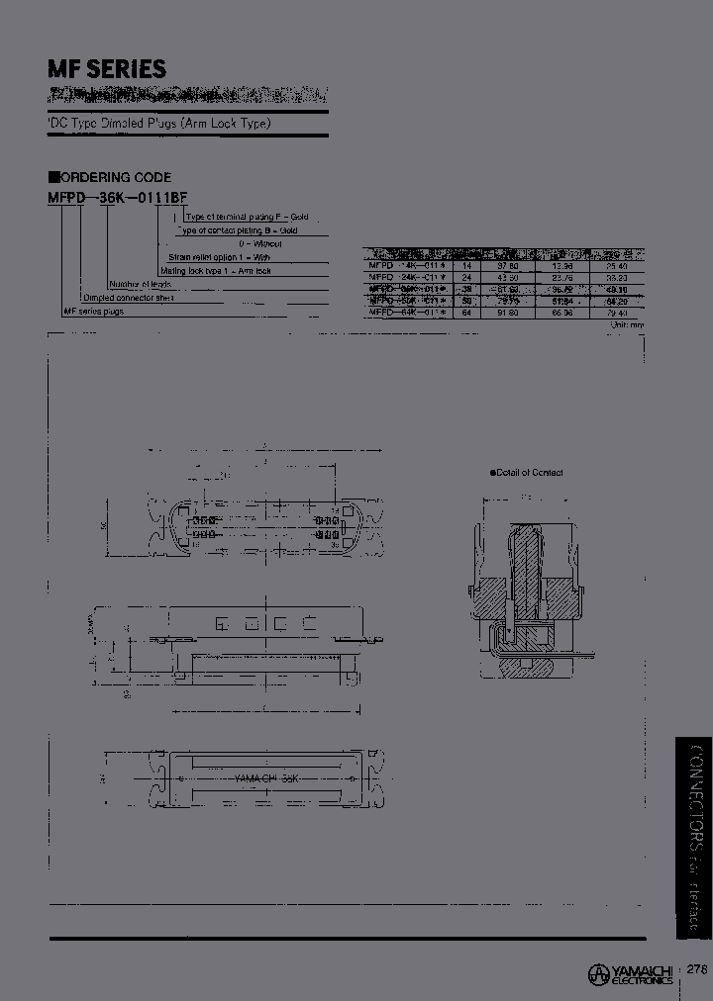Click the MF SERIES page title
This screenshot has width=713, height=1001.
(107, 69)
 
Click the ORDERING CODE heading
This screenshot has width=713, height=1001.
(117, 178)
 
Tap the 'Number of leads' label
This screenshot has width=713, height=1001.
(135, 283)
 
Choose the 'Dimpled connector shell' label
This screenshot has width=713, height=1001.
(129, 297)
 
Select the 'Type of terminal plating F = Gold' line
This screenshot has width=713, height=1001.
(248, 216)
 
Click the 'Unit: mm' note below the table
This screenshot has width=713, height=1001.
(627, 324)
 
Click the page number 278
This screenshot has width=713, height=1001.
(696, 970)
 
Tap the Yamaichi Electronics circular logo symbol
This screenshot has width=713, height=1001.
(598, 973)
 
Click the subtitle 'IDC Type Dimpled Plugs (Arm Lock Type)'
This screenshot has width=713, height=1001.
(158, 124)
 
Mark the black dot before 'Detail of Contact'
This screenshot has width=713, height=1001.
(492, 473)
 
